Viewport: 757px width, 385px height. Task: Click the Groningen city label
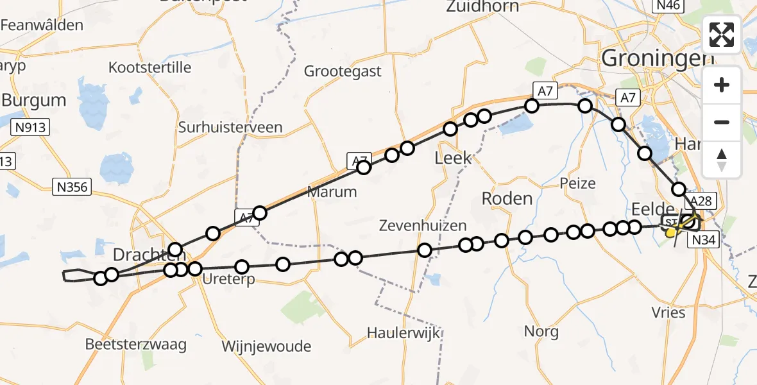[658, 59]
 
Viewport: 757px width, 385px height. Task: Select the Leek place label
[454, 158]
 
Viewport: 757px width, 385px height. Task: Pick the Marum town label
[332, 192]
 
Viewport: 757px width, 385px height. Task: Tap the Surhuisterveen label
[230, 127]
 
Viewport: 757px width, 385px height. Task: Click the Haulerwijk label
[404, 333]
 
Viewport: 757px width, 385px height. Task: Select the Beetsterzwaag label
[136, 345]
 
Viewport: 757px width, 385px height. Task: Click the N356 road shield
[72, 187]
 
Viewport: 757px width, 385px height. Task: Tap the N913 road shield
[31, 127]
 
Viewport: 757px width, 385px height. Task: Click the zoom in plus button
[722, 85]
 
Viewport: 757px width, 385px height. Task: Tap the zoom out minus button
[722, 122]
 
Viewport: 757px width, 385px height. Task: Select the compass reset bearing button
[722, 159]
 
